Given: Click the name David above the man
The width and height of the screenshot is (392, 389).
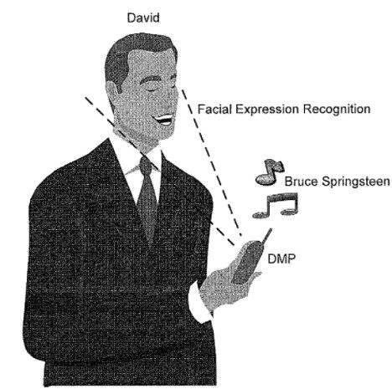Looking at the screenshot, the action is click(143, 18).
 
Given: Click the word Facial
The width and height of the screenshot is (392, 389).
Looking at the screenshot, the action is click(215, 109).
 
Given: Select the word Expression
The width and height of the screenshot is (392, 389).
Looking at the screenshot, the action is click(267, 109).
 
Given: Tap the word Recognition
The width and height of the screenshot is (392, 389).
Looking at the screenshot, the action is click(337, 109).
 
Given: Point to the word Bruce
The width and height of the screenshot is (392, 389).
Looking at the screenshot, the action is click(301, 182).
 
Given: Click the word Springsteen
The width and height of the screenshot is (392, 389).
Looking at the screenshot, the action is click(355, 182).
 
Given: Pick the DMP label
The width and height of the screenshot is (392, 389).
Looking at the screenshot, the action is click(281, 258).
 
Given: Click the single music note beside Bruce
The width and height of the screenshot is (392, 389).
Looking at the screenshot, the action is click(269, 172).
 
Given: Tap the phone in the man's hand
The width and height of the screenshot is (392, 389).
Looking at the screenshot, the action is click(248, 262).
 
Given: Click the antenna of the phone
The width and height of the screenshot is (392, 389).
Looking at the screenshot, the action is click(266, 236).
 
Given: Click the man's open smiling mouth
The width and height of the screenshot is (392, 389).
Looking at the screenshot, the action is click(164, 120).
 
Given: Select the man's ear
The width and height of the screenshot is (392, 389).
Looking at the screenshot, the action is click(113, 95).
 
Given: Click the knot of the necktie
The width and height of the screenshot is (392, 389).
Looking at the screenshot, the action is click(147, 165).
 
